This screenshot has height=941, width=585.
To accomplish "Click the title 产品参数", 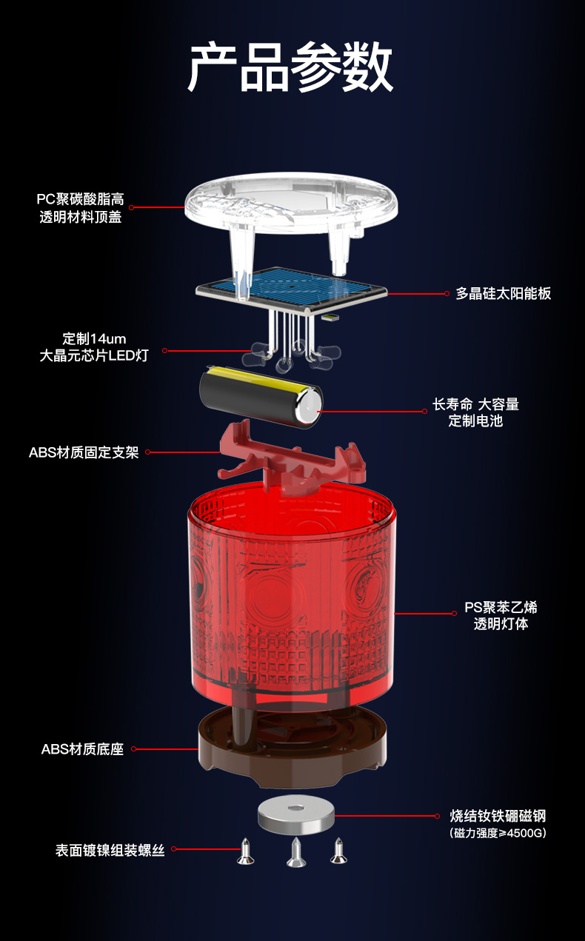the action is click(x=290, y=67).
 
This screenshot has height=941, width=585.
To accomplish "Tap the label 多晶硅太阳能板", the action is click(x=503, y=294).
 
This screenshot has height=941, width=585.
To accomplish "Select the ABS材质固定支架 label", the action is click(x=84, y=452).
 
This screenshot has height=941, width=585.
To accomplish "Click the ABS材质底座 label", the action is click(x=82, y=749).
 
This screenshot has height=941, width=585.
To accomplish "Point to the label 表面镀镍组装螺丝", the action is click(x=110, y=851).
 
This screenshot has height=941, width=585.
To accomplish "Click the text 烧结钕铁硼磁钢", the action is click(x=498, y=816).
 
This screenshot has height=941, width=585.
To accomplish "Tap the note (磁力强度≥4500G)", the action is click(x=498, y=833).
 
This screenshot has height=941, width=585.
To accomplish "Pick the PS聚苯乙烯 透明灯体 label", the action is click(x=501, y=615).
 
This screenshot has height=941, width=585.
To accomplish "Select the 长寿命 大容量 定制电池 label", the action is click(x=475, y=412).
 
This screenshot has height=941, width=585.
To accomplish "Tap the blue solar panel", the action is click(x=291, y=290).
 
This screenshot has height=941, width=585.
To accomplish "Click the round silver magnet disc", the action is click(x=296, y=815).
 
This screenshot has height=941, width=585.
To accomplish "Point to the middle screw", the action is click(x=296, y=853).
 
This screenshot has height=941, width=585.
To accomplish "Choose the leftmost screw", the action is click(x=245, y=851).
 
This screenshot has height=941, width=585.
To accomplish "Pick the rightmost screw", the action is click(x=338, y=850).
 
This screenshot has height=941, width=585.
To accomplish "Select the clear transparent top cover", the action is click(x=291, y=210).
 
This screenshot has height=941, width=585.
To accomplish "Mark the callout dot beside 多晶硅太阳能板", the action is click(x=447, y=294).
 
